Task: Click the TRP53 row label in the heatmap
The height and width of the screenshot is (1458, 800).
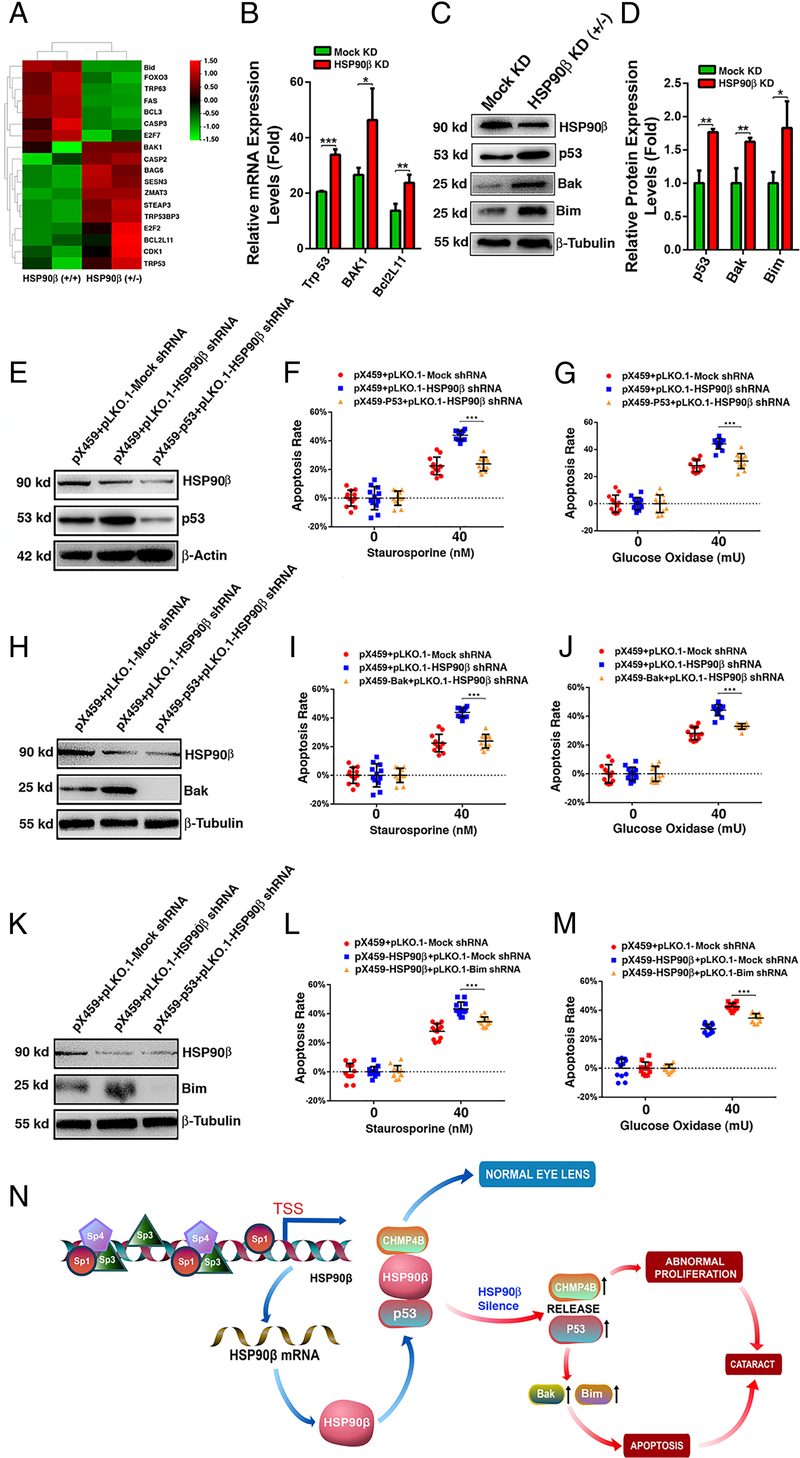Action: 154,264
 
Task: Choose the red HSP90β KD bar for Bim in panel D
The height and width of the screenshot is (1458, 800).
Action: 786,188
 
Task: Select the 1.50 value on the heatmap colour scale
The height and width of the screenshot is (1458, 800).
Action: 211,61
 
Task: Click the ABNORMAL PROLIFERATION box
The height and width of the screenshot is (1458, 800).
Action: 695,1268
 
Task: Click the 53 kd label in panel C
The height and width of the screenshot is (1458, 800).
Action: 450,155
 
